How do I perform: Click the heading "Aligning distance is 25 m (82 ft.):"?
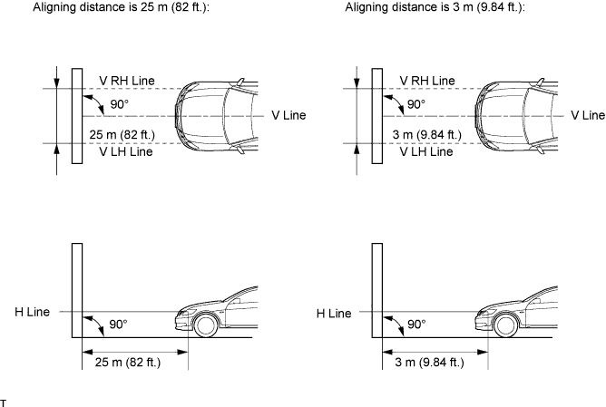click(121, 7)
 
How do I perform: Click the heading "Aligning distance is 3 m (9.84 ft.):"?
click(435, 7)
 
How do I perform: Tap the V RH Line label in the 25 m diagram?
click(127, 81)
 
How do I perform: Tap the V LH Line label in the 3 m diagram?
click(426, 151)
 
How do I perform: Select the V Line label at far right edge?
click(588, 115)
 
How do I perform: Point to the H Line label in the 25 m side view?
click(32, 312)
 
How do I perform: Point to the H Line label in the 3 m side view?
click(334, 313)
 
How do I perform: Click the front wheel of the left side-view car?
click(205, 325)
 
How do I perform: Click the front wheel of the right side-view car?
click(505, 325)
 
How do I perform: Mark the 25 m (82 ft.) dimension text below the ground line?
click(128, 363)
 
